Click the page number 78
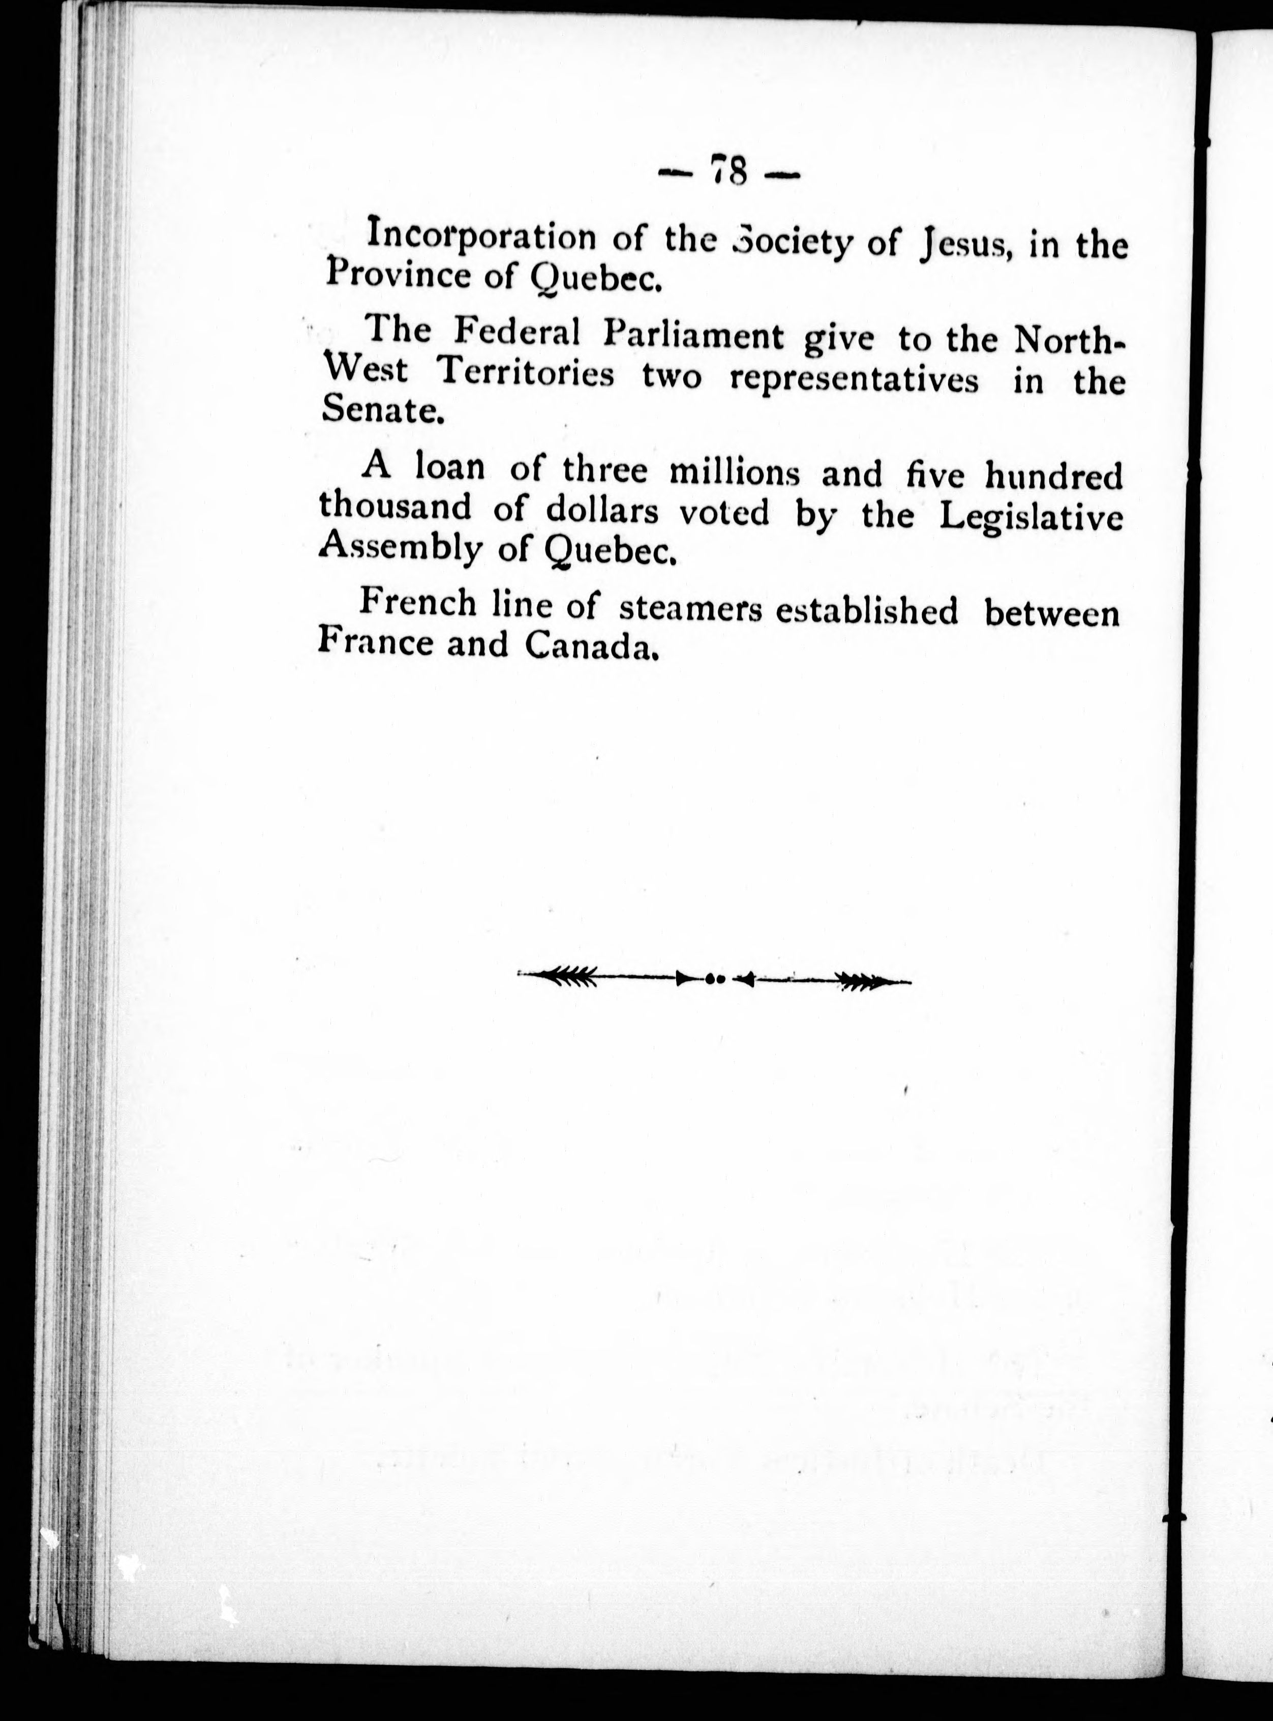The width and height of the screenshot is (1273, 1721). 730,172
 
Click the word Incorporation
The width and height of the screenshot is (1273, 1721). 481,236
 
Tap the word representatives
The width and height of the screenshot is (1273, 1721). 855,381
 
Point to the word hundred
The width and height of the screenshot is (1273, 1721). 1054,477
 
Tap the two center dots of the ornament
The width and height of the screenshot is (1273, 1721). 714,979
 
